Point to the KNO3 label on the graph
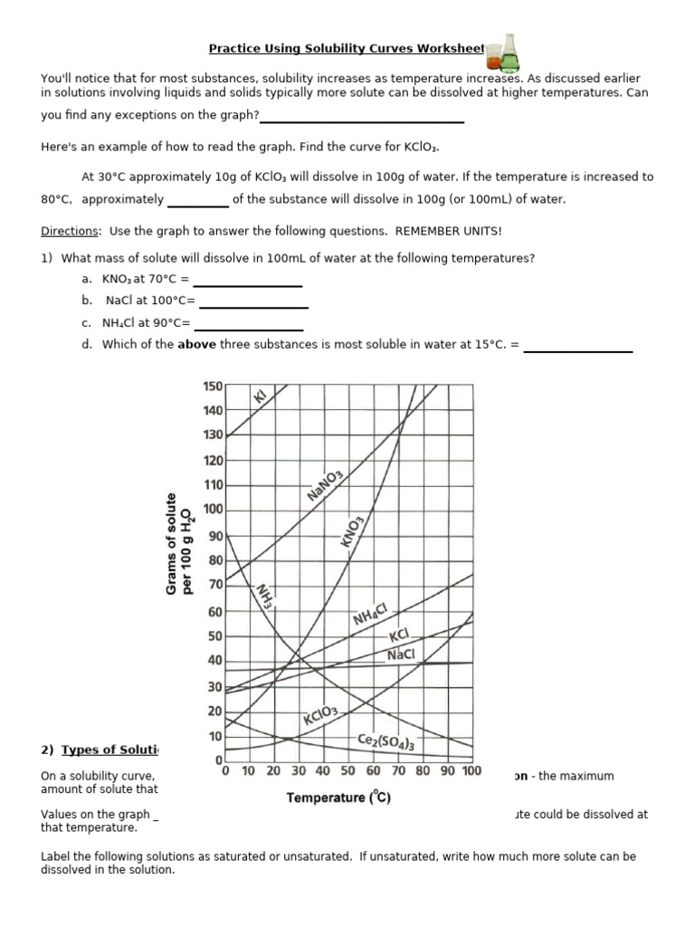tap(352, 531)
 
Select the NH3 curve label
tap(265, 596)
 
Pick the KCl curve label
tap(399, 636)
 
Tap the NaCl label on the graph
tap(401, 655)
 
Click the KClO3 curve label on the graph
tap(321, 719)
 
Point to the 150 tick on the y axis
tap(212, 387)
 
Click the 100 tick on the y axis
tap(212, 510)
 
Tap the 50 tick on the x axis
tap(347, 771)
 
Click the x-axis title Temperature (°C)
tap(338, 798)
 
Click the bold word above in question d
tap(194, 344)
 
